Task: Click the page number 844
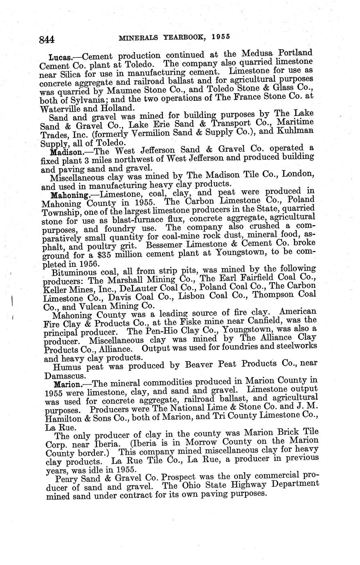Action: (47, 40)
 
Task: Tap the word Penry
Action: (68, 479)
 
